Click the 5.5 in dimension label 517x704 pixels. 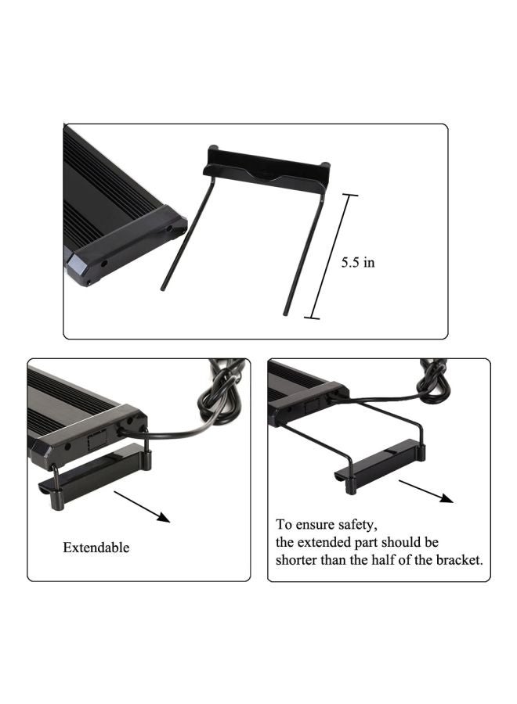357,263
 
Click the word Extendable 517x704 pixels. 96,548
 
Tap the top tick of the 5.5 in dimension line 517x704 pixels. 349,195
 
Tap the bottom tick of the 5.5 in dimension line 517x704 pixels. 312,318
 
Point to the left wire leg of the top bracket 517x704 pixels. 185,235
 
